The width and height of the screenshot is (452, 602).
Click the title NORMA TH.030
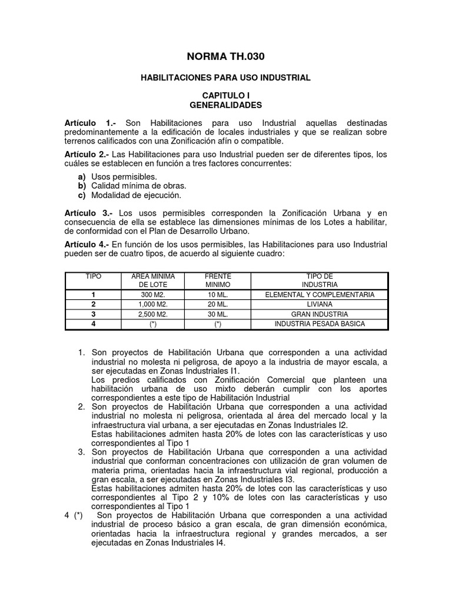(x=225, y=56)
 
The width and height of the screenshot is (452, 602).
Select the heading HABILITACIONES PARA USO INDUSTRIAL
(x=225, y=78)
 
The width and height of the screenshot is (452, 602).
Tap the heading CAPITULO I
(x=226, y=95)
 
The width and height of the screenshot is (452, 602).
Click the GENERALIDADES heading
(x=226, y=105)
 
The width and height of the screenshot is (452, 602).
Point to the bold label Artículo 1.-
(x=90, y=123)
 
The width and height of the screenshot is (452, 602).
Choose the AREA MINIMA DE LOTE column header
(x=145, y=280)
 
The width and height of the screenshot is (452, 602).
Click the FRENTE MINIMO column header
(x=218, y=280)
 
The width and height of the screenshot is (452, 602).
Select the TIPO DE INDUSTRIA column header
(x=320, y=280)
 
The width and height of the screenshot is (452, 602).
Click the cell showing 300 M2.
(x=153, y=295)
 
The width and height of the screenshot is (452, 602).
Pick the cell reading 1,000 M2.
(x=153, y=305)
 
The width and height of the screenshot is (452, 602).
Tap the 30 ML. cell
(x=218, y=314)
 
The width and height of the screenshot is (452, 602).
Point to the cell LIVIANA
(x=320, y=305)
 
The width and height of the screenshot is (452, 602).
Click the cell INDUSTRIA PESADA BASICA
(x=320, y=324)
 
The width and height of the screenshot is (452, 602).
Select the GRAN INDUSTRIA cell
(x=320, y=314)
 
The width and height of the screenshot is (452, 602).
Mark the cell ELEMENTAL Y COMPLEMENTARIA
(x=320, y=295)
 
